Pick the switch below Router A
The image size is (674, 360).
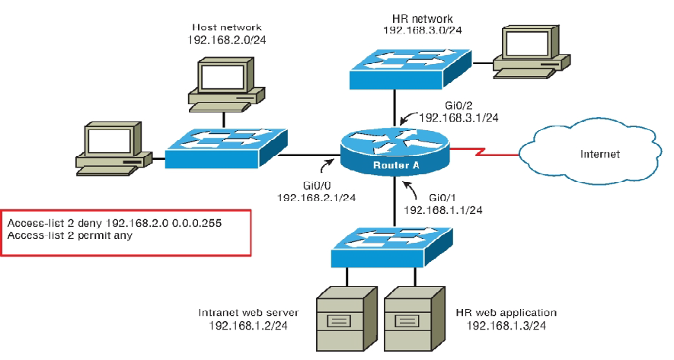click(392, 247)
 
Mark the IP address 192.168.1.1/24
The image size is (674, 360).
click(442, 209)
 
